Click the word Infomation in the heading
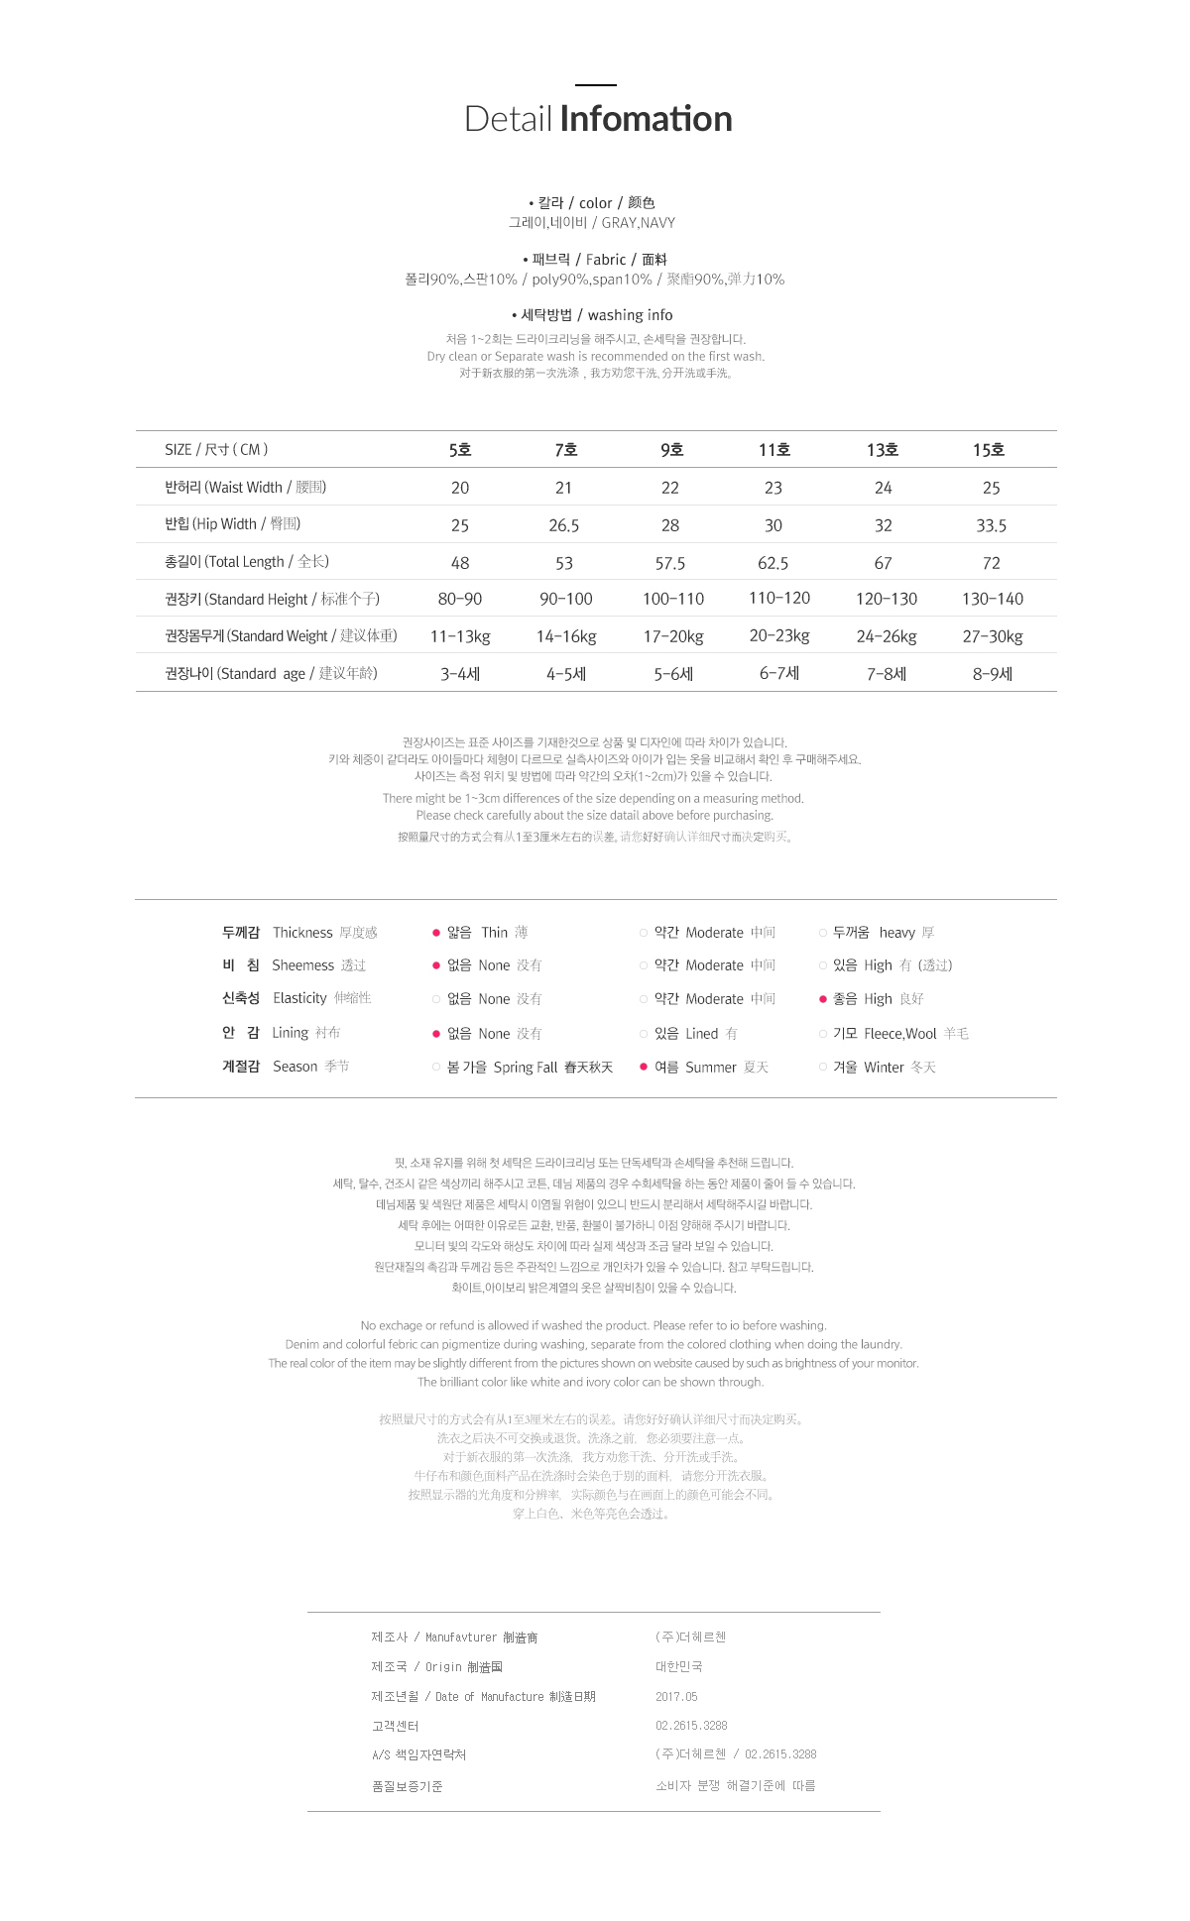[646, 119]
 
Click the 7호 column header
[565, 450]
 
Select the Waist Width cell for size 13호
[883, 488]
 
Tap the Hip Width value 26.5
[563, 525]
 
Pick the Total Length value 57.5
[669, 563]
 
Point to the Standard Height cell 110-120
[779, 598]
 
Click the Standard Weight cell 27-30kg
[992, 636]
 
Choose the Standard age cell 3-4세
[460, 674]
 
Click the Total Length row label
[247, 562]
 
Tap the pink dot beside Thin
[436, 933]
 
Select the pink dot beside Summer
[644, 1067]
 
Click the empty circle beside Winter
[823, 1067]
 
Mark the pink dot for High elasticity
[823, 999]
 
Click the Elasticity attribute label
[299, 998]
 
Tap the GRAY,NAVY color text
[638, 223]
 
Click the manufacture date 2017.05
[676, 1697]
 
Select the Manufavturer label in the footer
[460, 1638]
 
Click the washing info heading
[630, 315]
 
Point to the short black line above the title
[596, 85]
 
